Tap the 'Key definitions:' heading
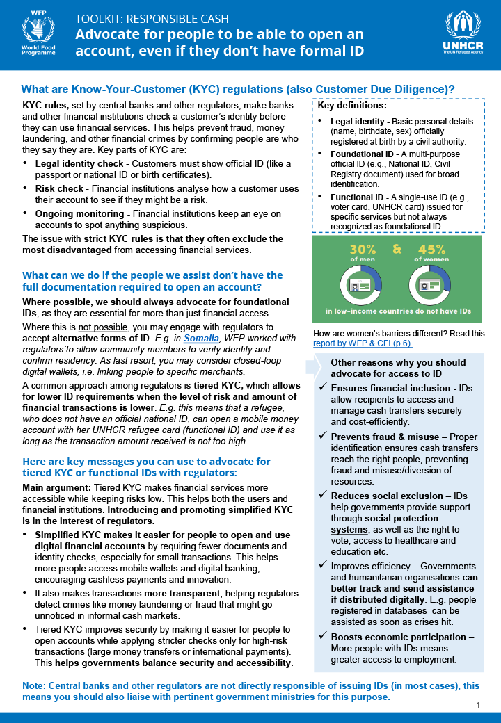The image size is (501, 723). click(352, 106)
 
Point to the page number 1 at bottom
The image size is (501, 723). click(479, 706)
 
